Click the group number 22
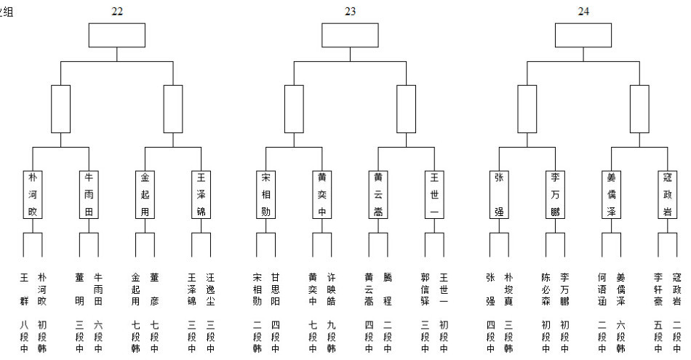[116, 12]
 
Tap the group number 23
[350, 12]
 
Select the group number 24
[583, 12]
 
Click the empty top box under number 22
[116, 35]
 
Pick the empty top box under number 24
[583, 35]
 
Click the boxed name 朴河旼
[32, 194]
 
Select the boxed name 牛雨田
[89, 194]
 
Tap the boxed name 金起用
[145, 194]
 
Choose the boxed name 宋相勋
[266, 194]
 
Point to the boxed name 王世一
[434, 194]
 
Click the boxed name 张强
[499, 194]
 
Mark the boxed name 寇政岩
[668, 194]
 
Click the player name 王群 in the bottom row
[24, 289]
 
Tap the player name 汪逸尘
[209, 289]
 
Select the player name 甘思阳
[275, 289]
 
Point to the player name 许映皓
[331, 289]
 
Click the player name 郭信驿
[426, 289]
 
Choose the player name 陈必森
[546, 289]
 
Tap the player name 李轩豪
[659, 289]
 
